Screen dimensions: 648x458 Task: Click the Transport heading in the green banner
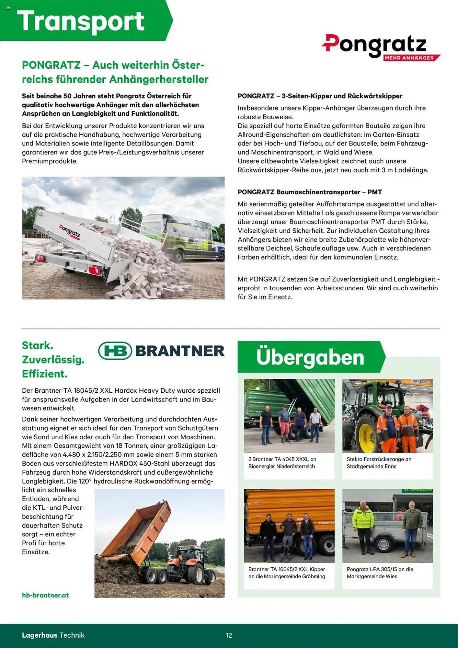click(x=80, y=21)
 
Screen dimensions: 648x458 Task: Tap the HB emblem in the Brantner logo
click(x=115, y=351)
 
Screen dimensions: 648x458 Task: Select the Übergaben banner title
click(x=310, y=357)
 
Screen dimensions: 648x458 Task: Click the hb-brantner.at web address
click(x=45, y=595)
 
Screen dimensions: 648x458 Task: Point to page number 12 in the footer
click(x=229, y=635)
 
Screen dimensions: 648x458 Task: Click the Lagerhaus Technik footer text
click(x=53, y=635)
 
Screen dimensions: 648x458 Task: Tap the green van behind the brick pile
click(x=191, y=238)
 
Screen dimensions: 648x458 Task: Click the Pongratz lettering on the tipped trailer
click(x=69, y=231)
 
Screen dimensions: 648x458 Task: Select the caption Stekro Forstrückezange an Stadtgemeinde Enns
click(x=379, y=463)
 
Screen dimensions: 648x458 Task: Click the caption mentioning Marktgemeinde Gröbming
click(x=287, y=573)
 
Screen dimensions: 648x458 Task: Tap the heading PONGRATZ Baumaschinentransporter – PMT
click(x=310, y=192)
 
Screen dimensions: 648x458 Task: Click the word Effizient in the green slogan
click(x=44, y=374)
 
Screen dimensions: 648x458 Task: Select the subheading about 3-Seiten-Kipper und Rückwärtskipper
click(x=320, y=96)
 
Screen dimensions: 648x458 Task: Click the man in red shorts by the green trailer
click(x=285, y=423)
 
